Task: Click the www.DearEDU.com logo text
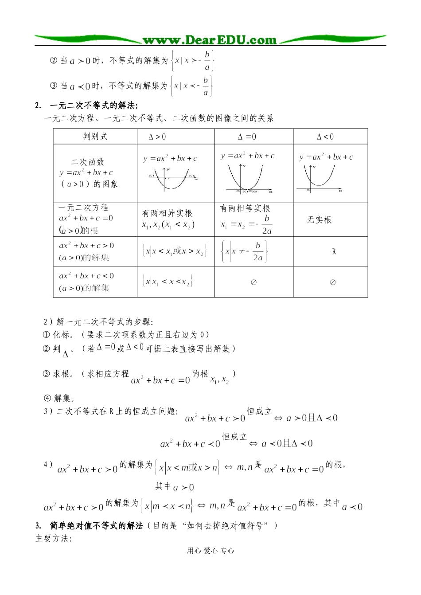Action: pos(210,40)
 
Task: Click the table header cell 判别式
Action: pos(95,137)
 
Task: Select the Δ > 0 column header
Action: pos(157,137)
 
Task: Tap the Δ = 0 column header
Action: pos(247,137)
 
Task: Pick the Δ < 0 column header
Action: pos(325,137)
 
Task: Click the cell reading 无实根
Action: pos(319,220)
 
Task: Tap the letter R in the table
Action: pos(334,252)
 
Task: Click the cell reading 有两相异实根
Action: pos(167,213)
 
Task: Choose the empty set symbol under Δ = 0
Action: pos(253,282)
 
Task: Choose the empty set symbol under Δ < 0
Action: pos(333,282)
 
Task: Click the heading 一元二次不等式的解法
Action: pos(94,106)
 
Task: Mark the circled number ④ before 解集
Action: pos(47,398)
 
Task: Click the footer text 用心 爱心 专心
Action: pos(210,551)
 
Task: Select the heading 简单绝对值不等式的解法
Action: pos(96,526)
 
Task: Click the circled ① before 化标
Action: pos(47,335)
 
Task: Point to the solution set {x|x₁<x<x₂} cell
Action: pos(168,282)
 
